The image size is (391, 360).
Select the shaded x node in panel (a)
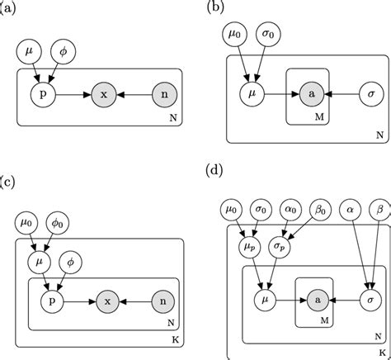click(x=103, y=96)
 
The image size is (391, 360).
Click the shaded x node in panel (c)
click(x=103, y=302)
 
